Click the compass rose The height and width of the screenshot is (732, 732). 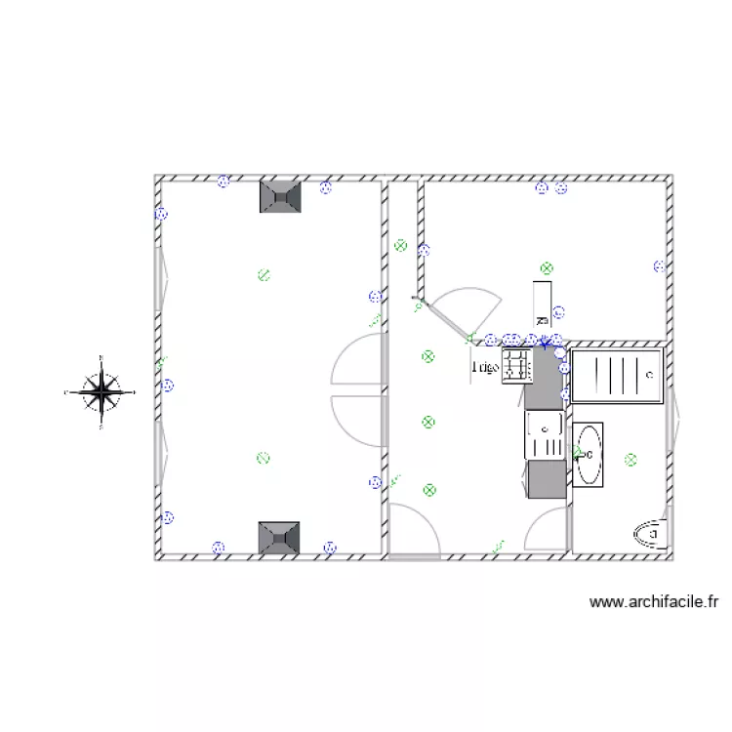coord(102,392)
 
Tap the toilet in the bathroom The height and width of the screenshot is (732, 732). coord(649,533)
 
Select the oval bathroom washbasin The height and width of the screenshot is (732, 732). coord(590,454)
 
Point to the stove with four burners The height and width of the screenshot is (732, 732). coord(516,366)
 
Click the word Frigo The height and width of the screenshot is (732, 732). coord(485,368)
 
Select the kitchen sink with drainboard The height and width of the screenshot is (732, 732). coord(545,435)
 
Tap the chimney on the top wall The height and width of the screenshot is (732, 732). coord(280,196)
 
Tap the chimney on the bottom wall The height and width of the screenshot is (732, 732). coord(278,538)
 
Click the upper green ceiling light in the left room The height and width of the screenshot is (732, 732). coord(262,274)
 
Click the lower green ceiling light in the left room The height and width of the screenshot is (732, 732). coord(262,457)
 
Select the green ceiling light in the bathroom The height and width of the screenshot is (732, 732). coord(631,458)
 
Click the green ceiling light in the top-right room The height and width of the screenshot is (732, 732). coord(547,267)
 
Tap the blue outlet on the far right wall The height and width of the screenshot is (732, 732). coord(660,265)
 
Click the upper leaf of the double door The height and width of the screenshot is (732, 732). coord(353,358)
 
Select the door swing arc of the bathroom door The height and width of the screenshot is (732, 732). coord(542,528)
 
